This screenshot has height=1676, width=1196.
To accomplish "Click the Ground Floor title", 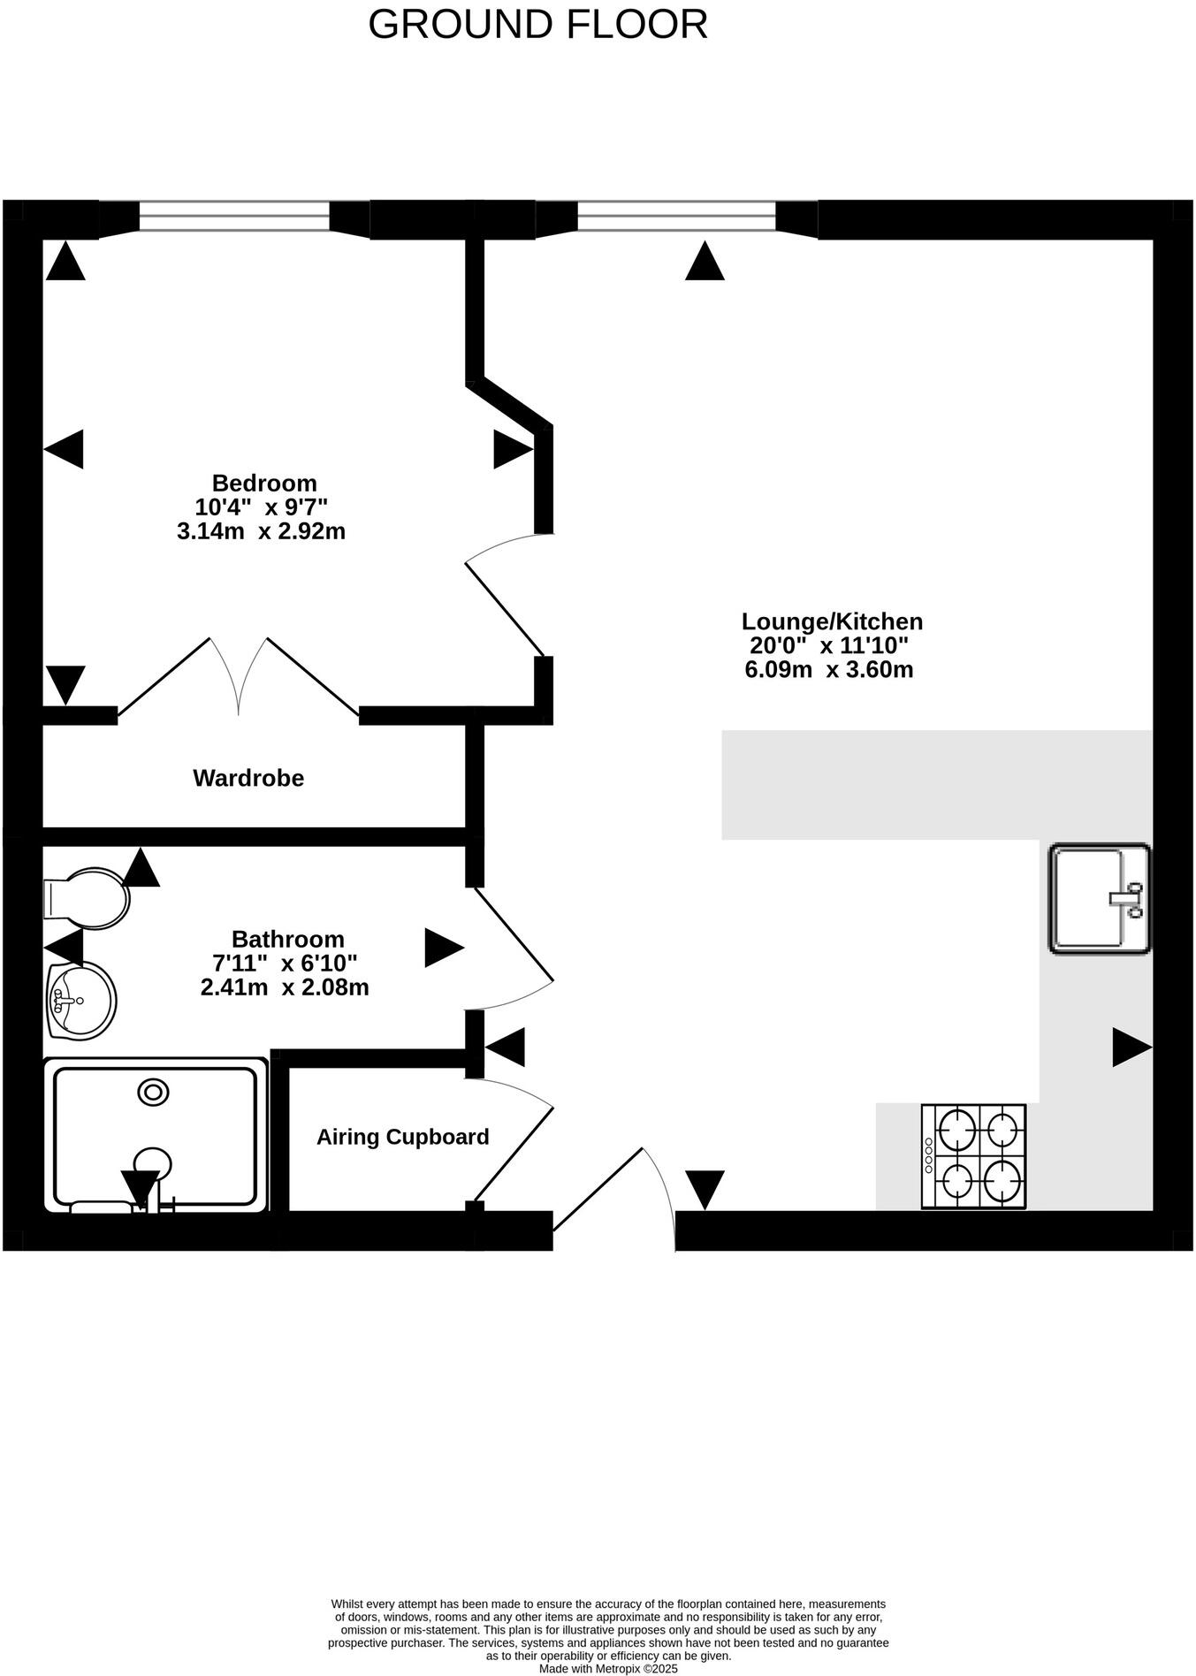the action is [537, 25].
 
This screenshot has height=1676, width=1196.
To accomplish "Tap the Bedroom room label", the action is [264, 484].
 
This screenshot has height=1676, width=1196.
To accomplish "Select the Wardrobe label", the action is [248, 778].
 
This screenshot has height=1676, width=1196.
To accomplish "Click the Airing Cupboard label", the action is [402, 1137].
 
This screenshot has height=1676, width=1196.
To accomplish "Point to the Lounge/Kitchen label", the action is [832, 621].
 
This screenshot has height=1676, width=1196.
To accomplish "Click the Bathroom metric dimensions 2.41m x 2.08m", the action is [285, 987].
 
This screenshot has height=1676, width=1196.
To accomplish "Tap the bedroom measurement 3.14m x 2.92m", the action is [261, 531].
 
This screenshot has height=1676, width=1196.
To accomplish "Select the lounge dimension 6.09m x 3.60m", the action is [828, 669].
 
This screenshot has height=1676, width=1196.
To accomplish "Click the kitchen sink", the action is [1099, 898].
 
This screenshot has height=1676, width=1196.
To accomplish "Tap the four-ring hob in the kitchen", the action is [973, 1155].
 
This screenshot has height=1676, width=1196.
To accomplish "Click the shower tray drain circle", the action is [153, 1093].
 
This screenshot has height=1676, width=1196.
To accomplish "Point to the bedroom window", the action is [234, 217].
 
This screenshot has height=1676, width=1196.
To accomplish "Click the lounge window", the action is [676, 217].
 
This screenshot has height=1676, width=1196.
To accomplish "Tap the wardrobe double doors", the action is [239, 676].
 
